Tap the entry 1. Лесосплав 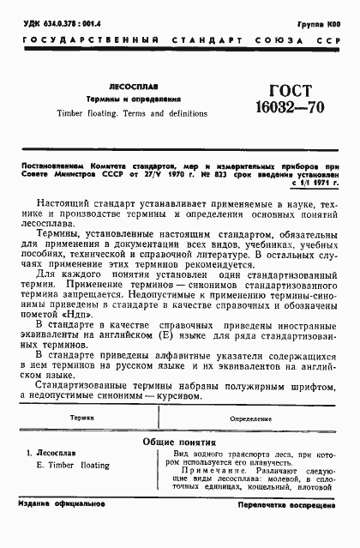(56, 454)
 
